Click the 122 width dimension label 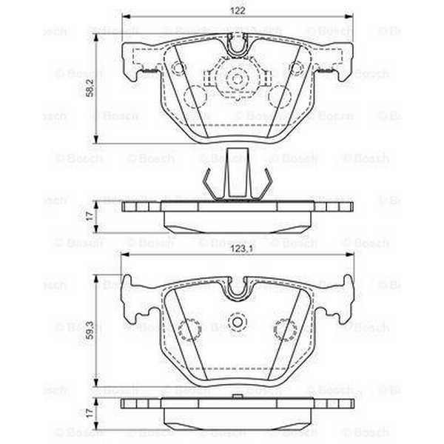(x=238, y=11)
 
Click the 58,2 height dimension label (x=90, y=88)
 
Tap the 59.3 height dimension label (x=90, y=330)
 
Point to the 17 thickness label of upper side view (x=90, y=216)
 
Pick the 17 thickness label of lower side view (x=90, y=413)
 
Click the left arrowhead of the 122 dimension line (x=126, y=17)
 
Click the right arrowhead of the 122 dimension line (x=349, y=17)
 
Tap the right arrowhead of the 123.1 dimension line (x=350, y=255)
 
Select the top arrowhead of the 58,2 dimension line (x=96, y=38)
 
